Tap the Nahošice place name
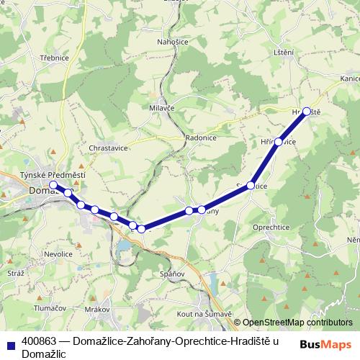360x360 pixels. click(x=173, y=42)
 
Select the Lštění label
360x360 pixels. click(x=284, y=53)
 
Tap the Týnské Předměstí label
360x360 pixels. click(x=53, y=176)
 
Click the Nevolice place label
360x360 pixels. click(x=57, y=254)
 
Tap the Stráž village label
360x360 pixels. click(x=16, y=274)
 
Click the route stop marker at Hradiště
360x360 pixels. click(x=307, y=112)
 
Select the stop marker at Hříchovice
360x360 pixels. click(x=278, y=142)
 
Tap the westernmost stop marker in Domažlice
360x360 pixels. click(x=53, y=185)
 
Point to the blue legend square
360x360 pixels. click(x=10, y=345)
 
